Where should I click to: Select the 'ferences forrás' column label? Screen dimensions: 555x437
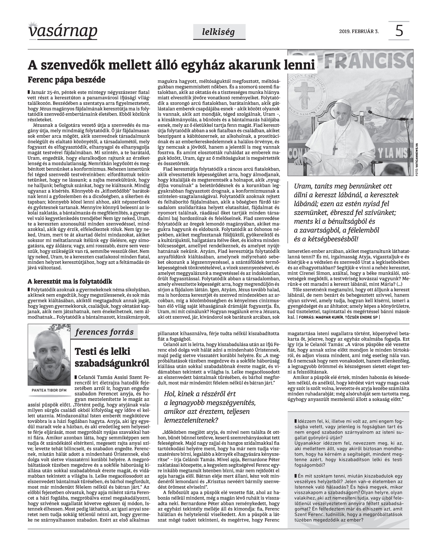click(x=104, y=332)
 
